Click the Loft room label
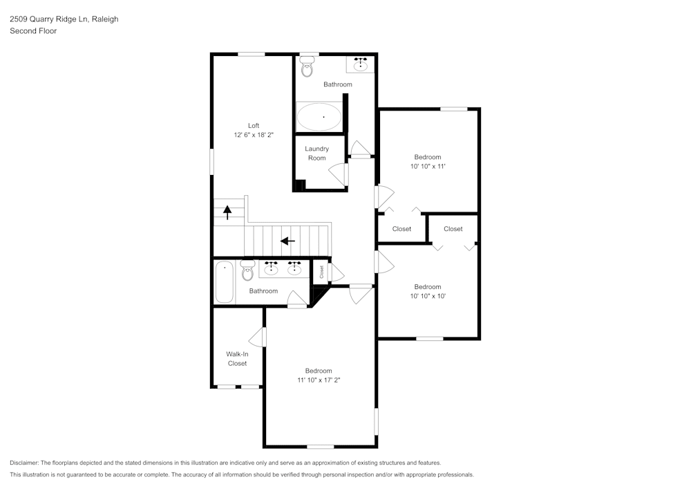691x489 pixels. (254, 125)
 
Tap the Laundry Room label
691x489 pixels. (316, 154)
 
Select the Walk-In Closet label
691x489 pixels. (237, 358)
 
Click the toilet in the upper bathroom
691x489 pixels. (307, 67)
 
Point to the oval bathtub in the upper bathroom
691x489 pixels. (319, 116)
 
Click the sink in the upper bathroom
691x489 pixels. (360, 64)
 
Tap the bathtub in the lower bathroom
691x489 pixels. (225, 282)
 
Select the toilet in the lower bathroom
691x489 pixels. (247, 270)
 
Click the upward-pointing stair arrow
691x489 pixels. (227, 212)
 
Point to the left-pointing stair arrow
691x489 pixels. (287, 241)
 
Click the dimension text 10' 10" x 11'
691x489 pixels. (427, 167)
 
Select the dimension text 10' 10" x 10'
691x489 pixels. (427, 296)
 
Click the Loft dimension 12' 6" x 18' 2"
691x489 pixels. (254, 135)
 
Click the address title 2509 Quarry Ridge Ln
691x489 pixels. (64, 19)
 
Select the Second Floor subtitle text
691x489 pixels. (33, 31)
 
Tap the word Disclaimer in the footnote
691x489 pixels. (25, 463)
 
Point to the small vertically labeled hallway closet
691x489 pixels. (321, 272)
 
